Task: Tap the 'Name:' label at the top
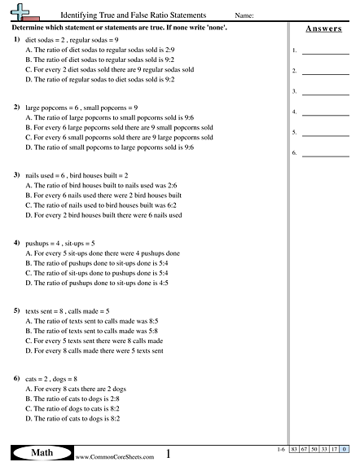(244, 15)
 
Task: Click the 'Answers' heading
(323, 29)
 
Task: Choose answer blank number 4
(325, 112)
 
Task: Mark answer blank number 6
(325, 152)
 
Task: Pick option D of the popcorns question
(110, 147)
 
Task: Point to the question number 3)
(17, 175)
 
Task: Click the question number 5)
(17, 311)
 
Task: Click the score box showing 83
(293, 449)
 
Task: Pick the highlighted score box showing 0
(345, 449)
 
